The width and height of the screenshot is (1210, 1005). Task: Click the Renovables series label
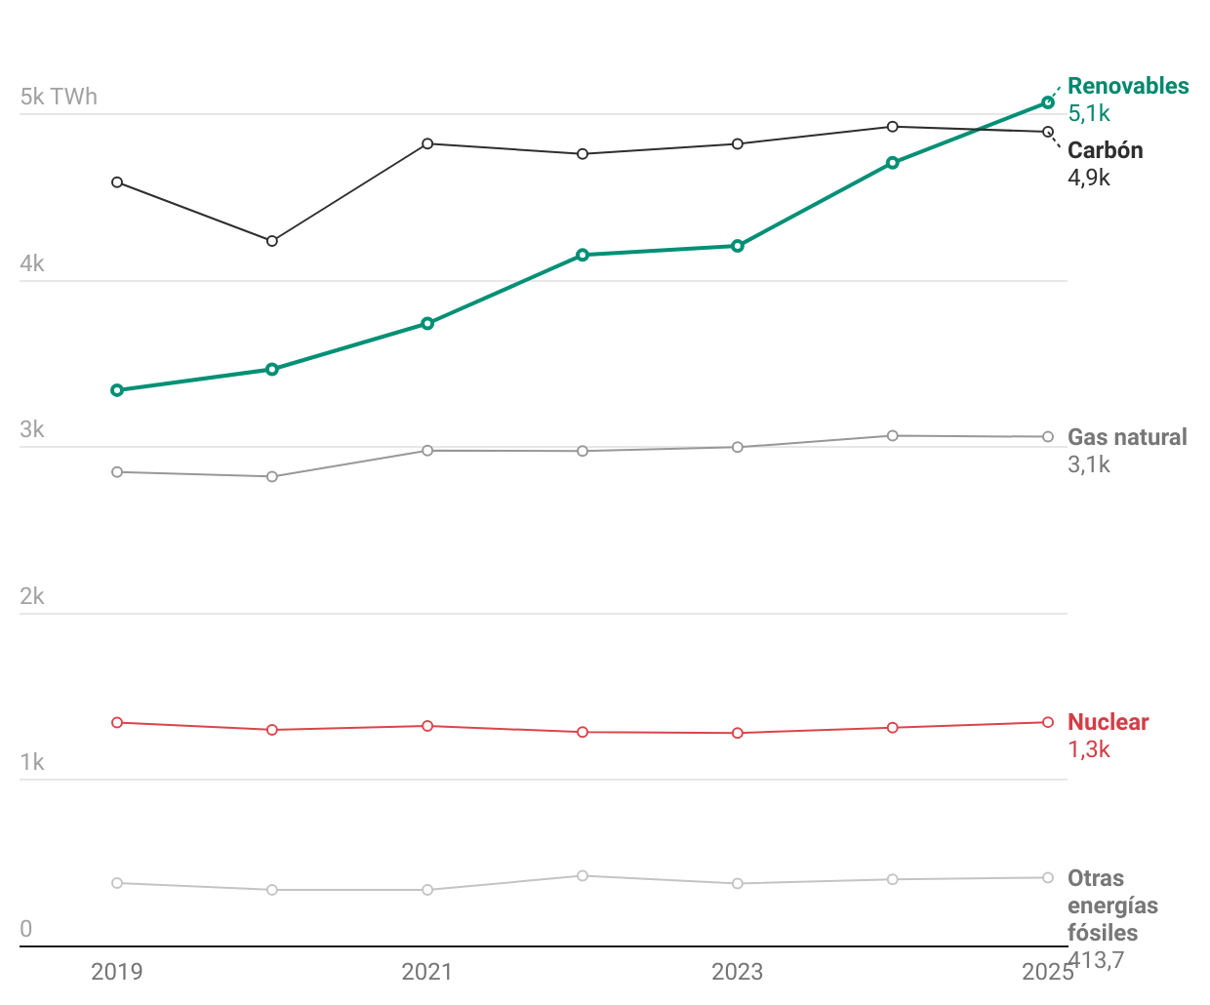[1128, 86]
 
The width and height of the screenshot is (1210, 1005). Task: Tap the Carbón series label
[1105, 150]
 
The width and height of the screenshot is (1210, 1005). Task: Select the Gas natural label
[1127, 437]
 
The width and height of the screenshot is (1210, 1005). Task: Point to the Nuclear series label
[1108, 722]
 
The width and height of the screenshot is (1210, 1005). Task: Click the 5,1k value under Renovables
[1089, 113]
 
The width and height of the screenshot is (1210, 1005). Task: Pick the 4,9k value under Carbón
[1089, 178]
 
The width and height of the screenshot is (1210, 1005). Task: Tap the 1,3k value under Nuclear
[1089, 749]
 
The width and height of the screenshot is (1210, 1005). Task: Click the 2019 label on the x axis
[116, 972]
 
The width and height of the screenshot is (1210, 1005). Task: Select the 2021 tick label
[426, 972]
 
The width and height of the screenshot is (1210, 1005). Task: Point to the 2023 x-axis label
[737, 972]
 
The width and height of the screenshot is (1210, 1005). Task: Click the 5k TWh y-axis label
[59, 97]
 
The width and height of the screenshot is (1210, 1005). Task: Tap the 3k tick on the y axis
[32, 430]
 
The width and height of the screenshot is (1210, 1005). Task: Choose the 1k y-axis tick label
[32, 762]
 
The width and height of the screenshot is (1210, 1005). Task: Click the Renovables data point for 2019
[117, 390]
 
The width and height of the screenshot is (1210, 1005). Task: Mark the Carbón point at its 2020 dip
[272, 241]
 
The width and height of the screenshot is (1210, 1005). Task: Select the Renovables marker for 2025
[1048, 102]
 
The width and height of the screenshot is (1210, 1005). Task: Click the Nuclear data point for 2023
[738, 733]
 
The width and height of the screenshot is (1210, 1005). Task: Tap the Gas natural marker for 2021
[427, 451]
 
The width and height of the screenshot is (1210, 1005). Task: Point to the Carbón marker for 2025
[1048, 132]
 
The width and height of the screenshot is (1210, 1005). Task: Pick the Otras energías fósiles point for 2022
[583, 876]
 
